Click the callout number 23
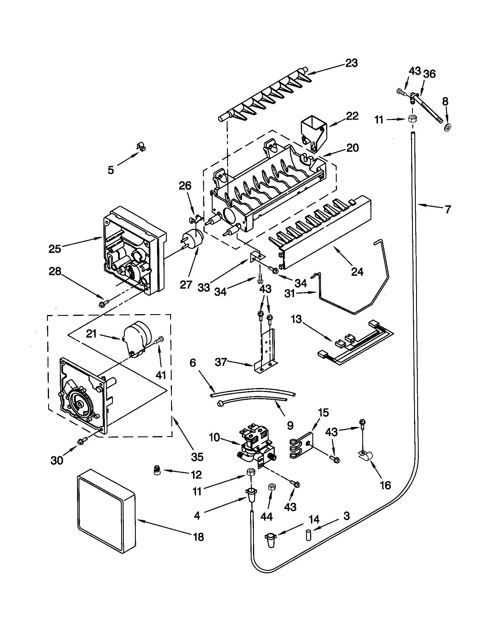[351, 63]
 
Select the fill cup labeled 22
[313, 131]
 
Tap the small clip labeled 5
[141, 147]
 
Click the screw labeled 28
[104, 304]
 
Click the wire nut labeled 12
[157, 472]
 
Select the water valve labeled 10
[254, 446]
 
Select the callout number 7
[447, 209]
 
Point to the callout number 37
[221, 362]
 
